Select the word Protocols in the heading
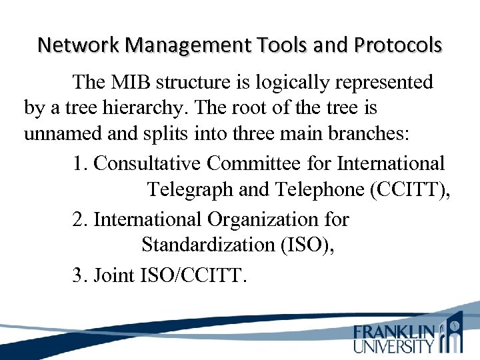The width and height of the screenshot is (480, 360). [399, 45]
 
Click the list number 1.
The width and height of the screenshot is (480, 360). [80, 163]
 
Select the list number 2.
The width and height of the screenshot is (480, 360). [80, 219]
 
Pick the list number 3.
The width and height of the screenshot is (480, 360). [80, 274]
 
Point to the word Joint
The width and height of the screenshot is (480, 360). [115, 274]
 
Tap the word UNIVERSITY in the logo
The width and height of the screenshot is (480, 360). [393, 346]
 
